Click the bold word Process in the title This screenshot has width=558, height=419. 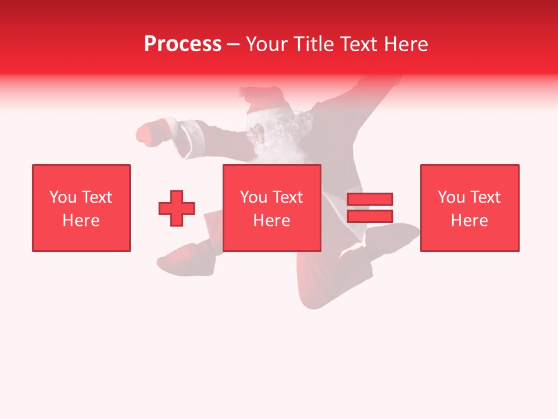pos(183,44)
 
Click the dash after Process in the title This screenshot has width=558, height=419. pos(233,45)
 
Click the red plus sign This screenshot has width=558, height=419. pos(177,208)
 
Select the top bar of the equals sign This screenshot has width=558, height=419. pos(370,199)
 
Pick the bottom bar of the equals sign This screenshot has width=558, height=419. pos(370,216)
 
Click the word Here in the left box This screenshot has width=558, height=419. pos(81,221)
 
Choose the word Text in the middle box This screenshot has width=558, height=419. pos(287,197)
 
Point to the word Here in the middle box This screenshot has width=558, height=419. pos(271,221)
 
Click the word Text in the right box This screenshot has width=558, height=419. pos(485,197)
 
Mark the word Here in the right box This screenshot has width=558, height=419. pos(469,221)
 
